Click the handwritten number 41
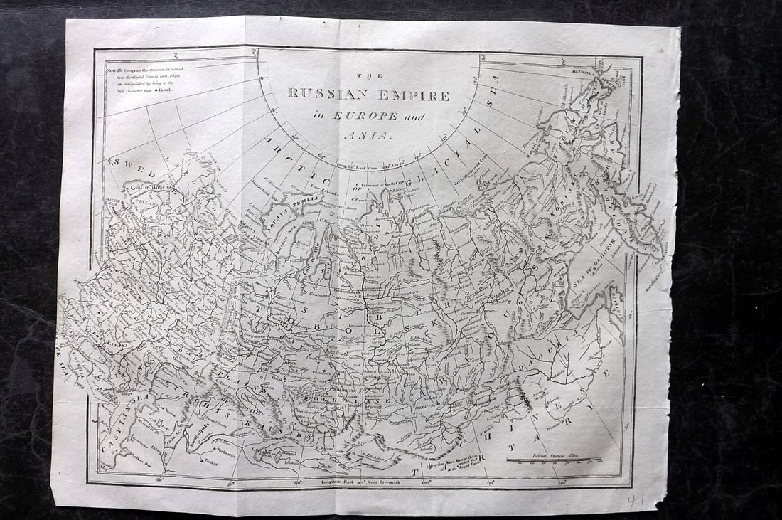[x=635, y=501]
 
